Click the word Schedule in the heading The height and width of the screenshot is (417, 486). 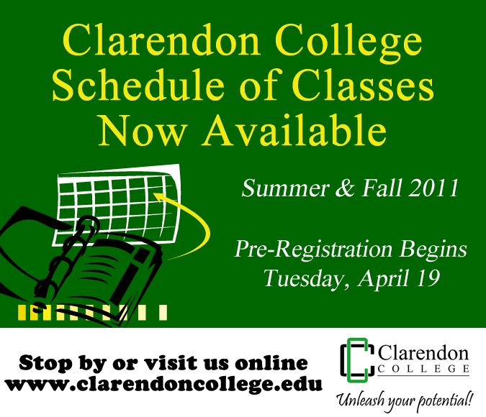click(138, 85)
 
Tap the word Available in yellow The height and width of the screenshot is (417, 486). click(294, 130)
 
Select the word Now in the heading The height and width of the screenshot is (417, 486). click(143, 130)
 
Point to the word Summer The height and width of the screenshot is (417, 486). click(285, 188)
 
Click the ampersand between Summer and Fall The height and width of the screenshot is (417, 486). click(345, 188)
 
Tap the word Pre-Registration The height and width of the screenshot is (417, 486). click(314, 249)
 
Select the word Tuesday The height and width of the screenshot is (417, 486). click(304, 279)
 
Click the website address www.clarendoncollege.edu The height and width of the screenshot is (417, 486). click(163, 384)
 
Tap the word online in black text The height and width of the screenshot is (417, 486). click(271, 362)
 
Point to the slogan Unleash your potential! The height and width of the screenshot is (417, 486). click(405, 400)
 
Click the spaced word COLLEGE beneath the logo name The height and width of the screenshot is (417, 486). click(423, 369)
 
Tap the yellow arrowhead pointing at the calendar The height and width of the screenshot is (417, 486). click(160, 197)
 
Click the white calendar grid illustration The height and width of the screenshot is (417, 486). click(117, 205)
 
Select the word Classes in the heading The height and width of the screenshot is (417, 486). click(363, 85)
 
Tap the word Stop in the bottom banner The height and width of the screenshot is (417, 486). click(45, 363)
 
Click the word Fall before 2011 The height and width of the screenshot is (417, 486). click(382, 188)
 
